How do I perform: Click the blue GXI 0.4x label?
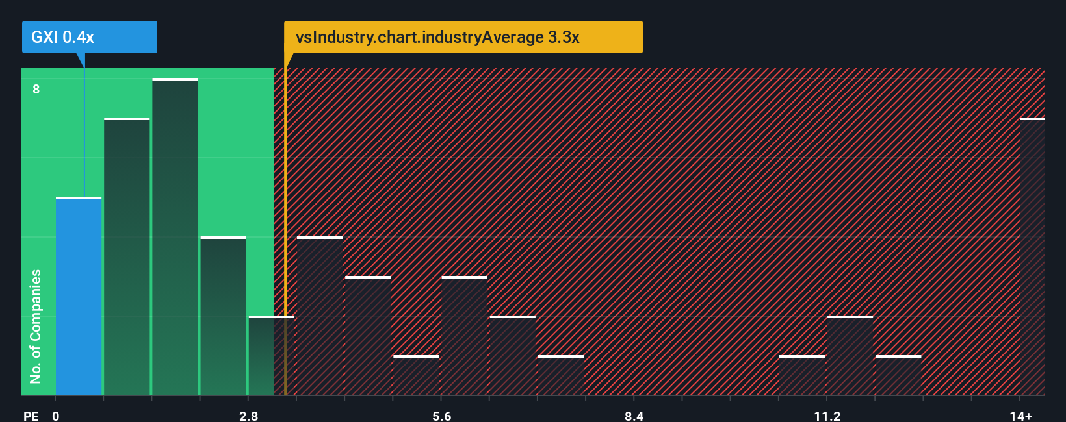pyautogui.click(x=89, y=37)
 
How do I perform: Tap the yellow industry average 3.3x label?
pyautogui.click(x=463, y=37)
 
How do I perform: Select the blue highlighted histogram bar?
pyautogui.click(x=79, y=296)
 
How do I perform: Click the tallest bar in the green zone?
pyautogui.click(x=175, y=237)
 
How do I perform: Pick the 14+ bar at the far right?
pyautogui.click(x=1032, y=256)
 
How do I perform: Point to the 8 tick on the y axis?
pyautogui.click(x=36, y=90)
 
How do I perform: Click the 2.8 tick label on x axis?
pyautogui.click(x=248, y=416)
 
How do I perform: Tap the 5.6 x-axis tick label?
pyautogui.click(x=441, y=416)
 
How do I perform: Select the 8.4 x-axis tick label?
pyautogui.click(x=634, y=416)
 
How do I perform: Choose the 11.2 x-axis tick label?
pyautogui.click(x=827, y=416)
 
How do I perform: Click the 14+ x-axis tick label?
pyautogui.click(x=1020, y=416)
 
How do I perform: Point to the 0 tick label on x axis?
pyautogui.click(x=56, y=416)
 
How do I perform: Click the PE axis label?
pyautogui.click(x=31, y=416)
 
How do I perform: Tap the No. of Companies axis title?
pyautogui.click(x=36, y=326)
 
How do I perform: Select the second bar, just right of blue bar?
pyautogui.click(x=127, y=256)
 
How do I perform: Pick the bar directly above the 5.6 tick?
pyautogui.click(x=464, y=336)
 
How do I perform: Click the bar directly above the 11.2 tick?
pyautogui.click(x=850, y=355)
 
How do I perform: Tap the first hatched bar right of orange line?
pyautogui.click(x=320, y=316)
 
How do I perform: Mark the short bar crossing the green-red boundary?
pyautogui.click(x=271, y=355)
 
